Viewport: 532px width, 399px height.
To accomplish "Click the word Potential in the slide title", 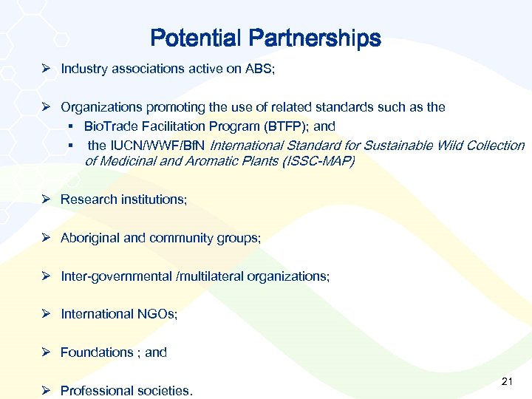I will (196, 38).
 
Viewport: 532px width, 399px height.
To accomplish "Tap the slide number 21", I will (507, 381).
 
